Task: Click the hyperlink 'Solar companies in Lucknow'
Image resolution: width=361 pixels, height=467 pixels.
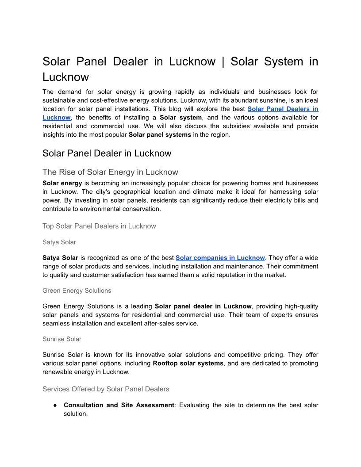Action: (220, 258)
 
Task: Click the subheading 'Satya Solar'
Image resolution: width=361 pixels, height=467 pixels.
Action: (59, 242)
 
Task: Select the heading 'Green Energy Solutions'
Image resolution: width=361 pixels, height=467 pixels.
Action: (77, 291)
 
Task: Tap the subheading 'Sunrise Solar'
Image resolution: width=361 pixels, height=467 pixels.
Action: (62, 339)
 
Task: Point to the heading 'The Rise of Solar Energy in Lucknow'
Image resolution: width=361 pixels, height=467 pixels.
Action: (110, 172)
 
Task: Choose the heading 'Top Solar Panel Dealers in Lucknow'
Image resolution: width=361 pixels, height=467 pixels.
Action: (99, 226)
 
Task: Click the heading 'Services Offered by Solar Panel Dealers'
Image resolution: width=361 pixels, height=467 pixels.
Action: (106, 389)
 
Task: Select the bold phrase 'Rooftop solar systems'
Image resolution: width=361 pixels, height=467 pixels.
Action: (188, 364)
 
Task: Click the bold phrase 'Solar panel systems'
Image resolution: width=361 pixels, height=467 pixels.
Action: (160, 135)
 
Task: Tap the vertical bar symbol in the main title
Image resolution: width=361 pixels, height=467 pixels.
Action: (223, 62)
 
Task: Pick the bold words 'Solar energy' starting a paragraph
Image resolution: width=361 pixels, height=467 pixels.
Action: (62, 183)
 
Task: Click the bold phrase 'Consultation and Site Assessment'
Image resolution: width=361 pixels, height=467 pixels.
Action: (119, 405)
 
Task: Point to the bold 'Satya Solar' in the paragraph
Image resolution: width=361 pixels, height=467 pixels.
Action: (60, 258)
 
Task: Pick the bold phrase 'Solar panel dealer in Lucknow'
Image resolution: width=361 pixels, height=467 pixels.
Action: (203, 306)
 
